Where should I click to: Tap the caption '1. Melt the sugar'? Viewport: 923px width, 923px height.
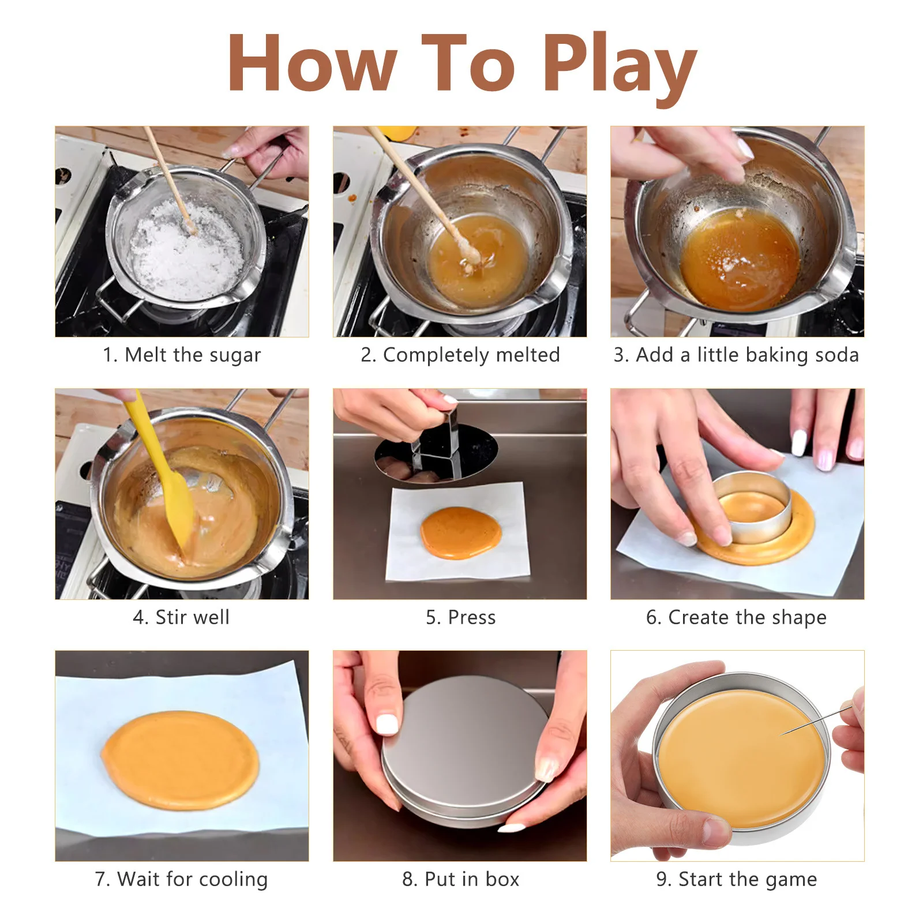(182, 355)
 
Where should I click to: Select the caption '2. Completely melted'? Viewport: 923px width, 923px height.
(460, 355)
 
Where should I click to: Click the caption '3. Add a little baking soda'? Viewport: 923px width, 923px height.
(736, 355)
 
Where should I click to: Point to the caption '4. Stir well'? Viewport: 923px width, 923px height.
(181, 617)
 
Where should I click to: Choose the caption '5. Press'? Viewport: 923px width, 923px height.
(460, 617)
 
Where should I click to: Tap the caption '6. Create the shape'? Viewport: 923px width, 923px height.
(736, 617)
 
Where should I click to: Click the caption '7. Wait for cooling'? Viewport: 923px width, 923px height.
(181, 879)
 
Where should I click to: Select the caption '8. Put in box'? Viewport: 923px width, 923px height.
(460, 879)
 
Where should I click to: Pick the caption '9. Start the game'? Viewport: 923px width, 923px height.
(737, 879)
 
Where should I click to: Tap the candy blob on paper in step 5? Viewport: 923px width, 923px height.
(461, 532)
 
